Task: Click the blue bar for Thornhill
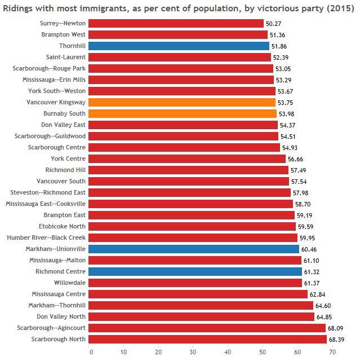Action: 179,46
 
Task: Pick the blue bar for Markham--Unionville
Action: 193,249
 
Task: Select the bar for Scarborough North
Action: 207,339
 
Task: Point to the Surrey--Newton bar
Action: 176,23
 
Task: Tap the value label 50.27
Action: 274,23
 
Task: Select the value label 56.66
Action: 296,159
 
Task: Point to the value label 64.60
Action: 323,305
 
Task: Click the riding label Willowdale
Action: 70,283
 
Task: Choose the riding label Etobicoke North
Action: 63,226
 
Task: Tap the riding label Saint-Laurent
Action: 66,57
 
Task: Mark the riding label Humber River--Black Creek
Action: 46,237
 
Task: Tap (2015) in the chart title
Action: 339,6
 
